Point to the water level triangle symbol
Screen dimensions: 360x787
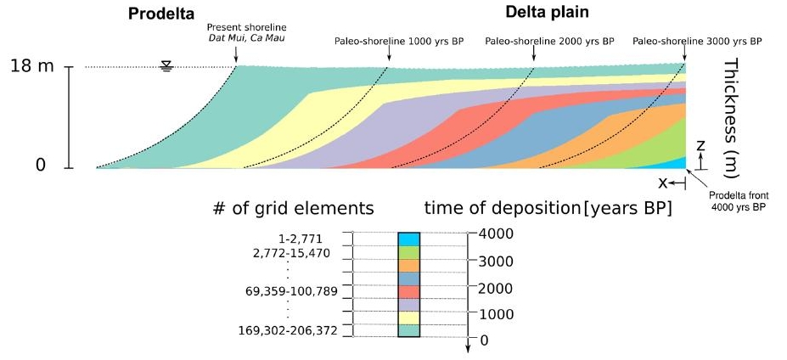click(166, 66)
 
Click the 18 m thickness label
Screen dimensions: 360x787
click(32, 65)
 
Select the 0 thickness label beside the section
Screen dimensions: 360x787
click(40, 165)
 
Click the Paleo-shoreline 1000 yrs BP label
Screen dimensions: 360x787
click(391, 41)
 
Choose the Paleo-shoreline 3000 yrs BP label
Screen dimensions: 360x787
click(697, 41)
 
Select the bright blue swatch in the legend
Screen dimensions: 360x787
click(409, 239)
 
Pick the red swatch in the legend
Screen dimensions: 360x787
click(409, 291)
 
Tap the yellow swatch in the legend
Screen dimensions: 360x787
click(409, 318)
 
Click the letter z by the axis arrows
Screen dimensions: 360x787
click(700, 145)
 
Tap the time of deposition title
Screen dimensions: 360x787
click(548, 208)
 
